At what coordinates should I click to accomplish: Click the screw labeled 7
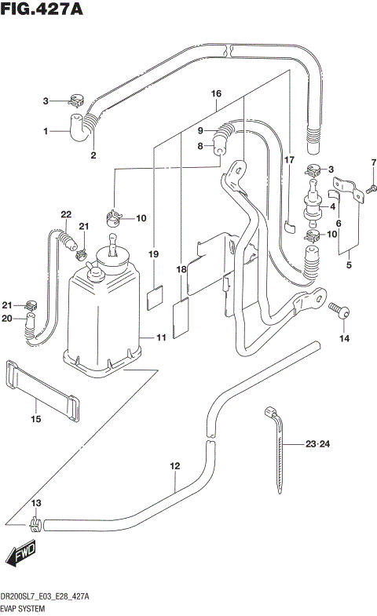pos(372,188)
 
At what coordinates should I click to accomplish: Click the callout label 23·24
pos(320,444)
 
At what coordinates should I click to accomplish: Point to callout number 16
pos(217,93)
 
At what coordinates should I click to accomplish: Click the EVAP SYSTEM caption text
pos(24,607)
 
